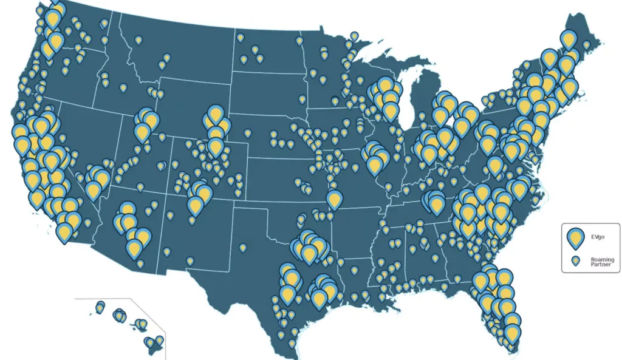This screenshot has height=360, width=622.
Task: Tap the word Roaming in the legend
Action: point(602,260)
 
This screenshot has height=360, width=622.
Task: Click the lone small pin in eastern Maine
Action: point(586,45)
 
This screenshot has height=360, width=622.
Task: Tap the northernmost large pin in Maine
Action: point(568,39)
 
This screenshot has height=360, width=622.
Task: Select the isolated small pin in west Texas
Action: point(242,248)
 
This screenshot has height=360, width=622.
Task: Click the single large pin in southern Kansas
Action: point(333,199)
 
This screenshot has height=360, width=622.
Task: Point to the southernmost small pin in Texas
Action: point(292,344)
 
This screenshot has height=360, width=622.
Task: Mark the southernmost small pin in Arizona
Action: point(140,264)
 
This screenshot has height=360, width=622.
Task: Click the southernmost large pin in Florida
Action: point(513,332)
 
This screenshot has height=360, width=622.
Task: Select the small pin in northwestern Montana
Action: point(138,40)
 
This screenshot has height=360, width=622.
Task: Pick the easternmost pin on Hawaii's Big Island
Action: point(159,341)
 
